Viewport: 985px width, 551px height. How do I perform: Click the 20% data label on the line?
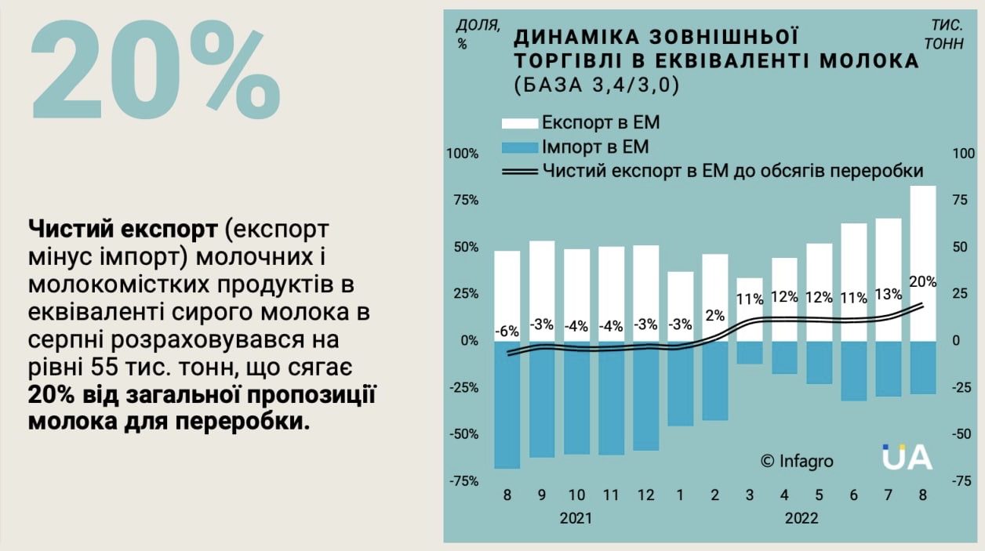click(x=922, y=281)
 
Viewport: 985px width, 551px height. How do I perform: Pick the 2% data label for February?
click(x=714, y=315)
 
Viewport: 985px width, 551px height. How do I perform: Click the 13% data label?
click(x=888, y=294)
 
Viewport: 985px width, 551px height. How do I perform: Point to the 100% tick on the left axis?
click(x=462, y=153)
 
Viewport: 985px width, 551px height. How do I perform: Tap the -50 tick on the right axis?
click(x=961, y=434)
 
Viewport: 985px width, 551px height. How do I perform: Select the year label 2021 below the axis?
click(x=576, y=518)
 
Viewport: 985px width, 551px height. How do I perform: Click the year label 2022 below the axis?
click(x=801, y=518)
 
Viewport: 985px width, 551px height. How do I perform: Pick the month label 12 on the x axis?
click(x=645, y=495)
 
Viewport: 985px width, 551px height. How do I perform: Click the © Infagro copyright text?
click(x=797, y=461)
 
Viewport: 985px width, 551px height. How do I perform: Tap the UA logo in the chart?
click(x=907, y=457)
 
